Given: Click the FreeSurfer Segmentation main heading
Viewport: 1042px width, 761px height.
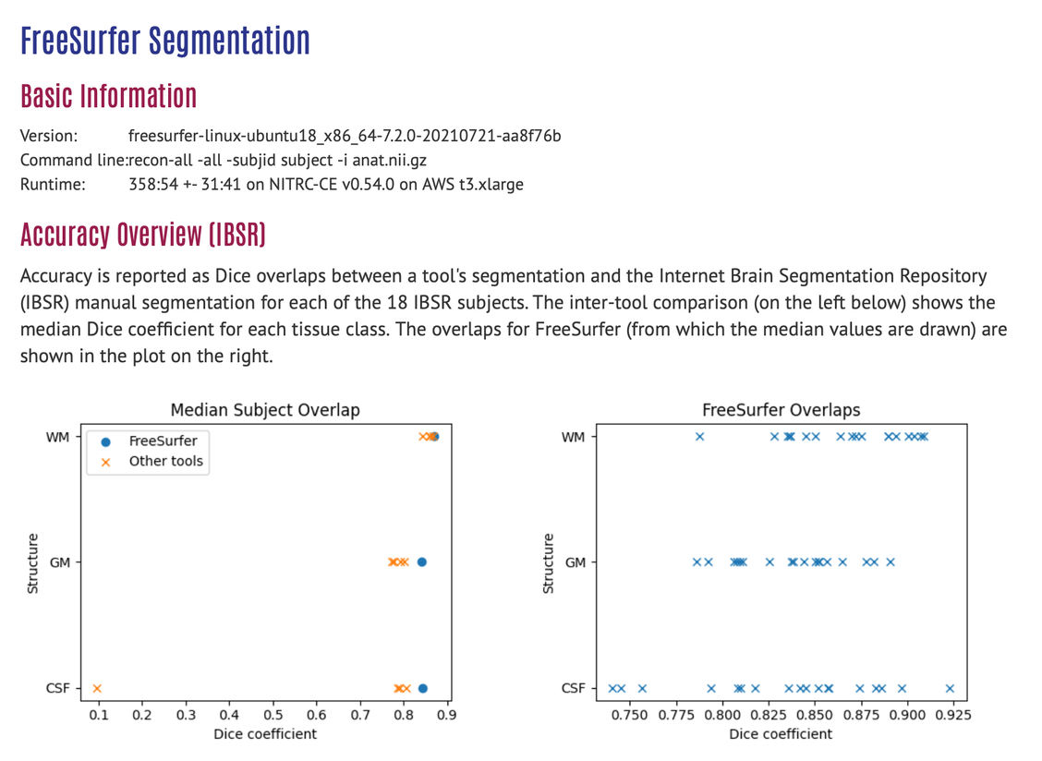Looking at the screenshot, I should point(164,42).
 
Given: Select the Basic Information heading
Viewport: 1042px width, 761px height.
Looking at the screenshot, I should point(108,96).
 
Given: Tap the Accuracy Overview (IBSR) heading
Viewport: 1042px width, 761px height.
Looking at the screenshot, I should point(143,235).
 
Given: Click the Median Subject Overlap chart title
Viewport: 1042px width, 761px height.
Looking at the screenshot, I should point(265,410).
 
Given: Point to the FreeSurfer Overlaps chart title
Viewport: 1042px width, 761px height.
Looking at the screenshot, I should point(781,410).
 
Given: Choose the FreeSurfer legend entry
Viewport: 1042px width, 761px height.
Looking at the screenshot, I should point(163,441).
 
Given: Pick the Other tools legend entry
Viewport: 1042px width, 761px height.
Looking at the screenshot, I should point(165,461).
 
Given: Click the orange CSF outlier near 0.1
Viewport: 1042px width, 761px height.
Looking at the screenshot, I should point(97,688).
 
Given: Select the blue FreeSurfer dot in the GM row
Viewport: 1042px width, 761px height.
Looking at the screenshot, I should point(422,562).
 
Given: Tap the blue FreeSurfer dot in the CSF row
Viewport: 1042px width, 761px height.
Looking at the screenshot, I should point(423,688).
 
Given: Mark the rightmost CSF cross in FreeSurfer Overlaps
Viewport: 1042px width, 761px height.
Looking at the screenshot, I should point(950,688).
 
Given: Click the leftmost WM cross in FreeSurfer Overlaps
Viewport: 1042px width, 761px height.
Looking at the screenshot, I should point(699,437).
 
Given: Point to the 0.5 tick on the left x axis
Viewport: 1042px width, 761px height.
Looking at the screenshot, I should point(273,714).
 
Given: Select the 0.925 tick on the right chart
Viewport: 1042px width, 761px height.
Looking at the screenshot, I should point(952,714).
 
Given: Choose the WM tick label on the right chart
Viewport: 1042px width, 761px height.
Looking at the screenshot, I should point(573,437).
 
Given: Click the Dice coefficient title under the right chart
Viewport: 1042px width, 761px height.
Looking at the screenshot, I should point(781,734).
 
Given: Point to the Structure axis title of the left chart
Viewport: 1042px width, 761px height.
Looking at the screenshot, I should point(33,562).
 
